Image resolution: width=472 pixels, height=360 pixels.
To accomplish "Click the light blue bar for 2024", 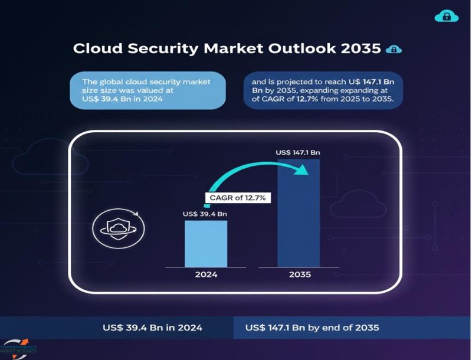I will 205,244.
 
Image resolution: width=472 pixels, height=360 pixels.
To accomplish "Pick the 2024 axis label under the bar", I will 206,274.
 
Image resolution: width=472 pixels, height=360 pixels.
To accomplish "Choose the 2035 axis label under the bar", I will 299,274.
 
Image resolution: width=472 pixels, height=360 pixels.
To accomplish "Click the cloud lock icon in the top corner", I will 446,17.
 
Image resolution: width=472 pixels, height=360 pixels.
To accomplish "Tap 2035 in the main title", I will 360,48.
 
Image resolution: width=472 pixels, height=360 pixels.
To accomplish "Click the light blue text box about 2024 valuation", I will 147,91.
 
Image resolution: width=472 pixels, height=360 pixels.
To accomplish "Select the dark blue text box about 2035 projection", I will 323,91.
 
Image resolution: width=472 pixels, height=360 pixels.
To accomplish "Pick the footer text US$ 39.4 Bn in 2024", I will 153,328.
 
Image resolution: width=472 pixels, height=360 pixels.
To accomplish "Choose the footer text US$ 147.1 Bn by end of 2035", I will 312,328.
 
